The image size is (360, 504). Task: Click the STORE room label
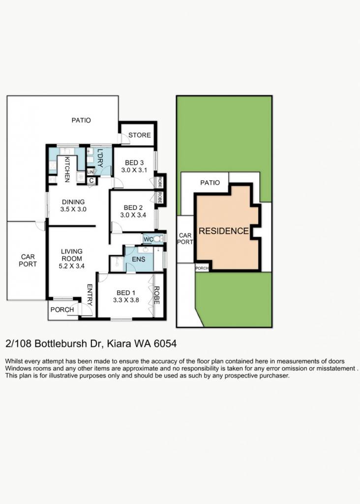point(139,135)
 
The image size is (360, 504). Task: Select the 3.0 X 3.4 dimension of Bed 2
point(133,215)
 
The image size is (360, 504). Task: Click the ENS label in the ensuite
point(139,259)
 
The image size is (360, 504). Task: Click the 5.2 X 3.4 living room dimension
point(72,266)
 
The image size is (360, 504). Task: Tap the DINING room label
point(73,202)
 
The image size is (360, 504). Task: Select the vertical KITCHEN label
point(67,169)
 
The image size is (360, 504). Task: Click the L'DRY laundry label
point(100,158)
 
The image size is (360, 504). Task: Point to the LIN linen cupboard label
point(90,172)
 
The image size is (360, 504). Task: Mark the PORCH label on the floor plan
point(62,310)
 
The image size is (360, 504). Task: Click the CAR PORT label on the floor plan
point(28,260)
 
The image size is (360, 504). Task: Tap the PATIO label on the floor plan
point(81,120)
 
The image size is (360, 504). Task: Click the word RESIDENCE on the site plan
point(224,231)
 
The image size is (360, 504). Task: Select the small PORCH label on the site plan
point(202,268)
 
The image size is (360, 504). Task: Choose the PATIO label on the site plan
point(210,183)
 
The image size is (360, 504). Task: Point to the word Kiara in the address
point(119,344)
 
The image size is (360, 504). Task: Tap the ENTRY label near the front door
point(90,295)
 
